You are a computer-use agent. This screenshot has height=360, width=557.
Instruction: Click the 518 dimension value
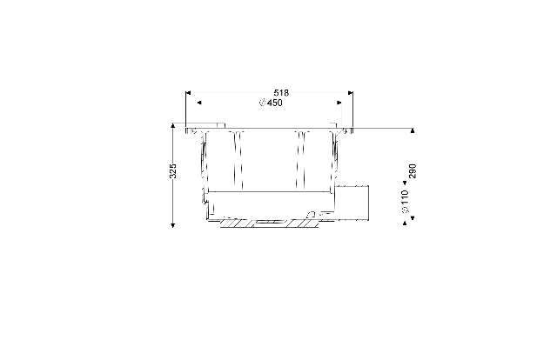[x=281, y=93]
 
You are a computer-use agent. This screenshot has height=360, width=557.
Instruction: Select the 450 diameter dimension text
[x=275, y=103]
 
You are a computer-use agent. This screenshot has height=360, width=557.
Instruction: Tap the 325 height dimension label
[x=173, y=171]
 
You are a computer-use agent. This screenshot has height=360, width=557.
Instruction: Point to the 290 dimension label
[x=413, y=171]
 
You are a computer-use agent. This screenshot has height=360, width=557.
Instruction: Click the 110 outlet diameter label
[x=405, y=197]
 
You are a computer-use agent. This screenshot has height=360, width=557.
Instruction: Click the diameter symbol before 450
[x=263, y=103]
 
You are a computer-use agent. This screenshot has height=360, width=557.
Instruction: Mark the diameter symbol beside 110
[x=405, y=210]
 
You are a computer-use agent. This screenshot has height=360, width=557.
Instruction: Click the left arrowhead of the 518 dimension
[x=188, y=93]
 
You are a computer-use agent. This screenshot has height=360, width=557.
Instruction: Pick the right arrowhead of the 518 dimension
[x=351, y=93]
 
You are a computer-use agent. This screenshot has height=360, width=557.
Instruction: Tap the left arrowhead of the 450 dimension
[x=199, y=103]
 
